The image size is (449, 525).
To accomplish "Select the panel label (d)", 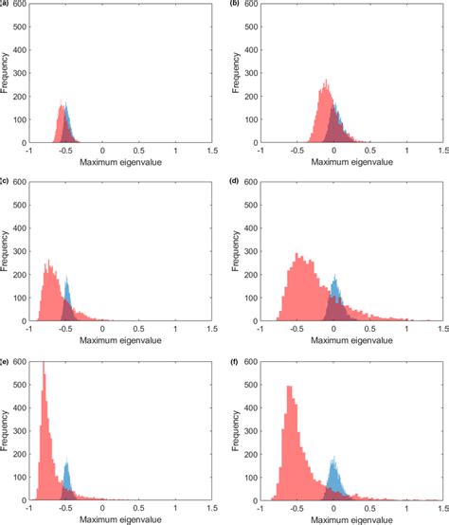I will point(233,181).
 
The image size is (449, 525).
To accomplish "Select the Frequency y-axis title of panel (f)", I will point(237,431).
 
